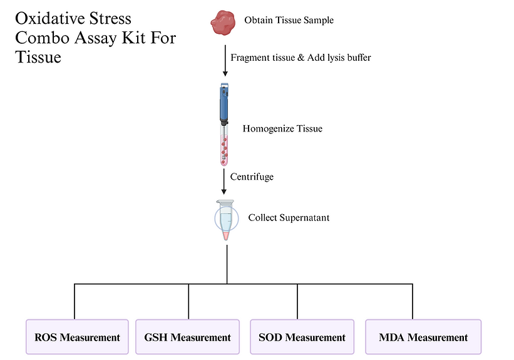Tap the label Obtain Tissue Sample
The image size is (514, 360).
point(289,20)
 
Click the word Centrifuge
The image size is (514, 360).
point(252,177)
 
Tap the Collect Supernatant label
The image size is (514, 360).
point(289,218)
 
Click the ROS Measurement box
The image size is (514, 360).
point(77,337)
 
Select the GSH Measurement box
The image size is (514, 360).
point(188,337)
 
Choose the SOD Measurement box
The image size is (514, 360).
point(302,337)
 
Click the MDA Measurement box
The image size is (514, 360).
point(423,337)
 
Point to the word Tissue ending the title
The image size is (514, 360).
point(38,57)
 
